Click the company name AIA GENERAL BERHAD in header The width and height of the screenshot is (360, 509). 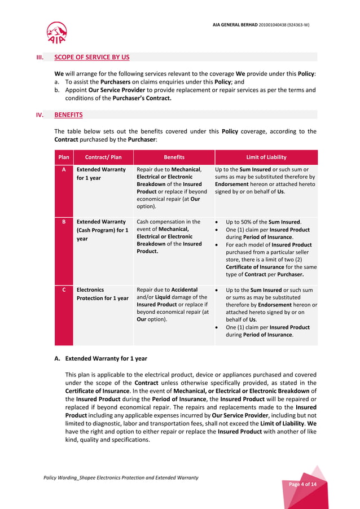pyautogui.click(x=261, y=25)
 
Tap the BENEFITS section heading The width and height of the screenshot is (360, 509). pyautogui.click(x=68, y=115)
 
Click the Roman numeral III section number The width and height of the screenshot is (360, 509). pyautogui.click(x=39, y=57)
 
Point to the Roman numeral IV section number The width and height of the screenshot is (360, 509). pyautogui.click(x=39, y=115)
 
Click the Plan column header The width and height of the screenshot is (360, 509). pyautogui.click(x=64, y=157)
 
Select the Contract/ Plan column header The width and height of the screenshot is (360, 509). pyautogui.click(x=103, y=157)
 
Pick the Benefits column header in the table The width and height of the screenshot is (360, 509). pyautogui.click(x=174, y=157)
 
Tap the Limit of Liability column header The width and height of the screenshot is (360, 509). pyautogui.click(x=266, y=157)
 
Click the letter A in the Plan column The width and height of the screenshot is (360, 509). pyautogui.click(x=64, y=169)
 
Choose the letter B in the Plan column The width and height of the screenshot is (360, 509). pyautogui.click(x=64, y=222)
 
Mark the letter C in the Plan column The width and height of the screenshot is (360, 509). pyautogui.click(x=64, y=289)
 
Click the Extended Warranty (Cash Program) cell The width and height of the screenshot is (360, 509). pyautogui.click(x=102, y=230)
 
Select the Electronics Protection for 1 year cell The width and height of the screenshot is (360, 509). pyautogui.click(x=102, y=294)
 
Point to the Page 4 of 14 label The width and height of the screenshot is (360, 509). pyautogui.click(x=302, y=484)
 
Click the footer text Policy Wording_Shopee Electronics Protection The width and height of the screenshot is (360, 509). pyautogui.click(x=121, y=477)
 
